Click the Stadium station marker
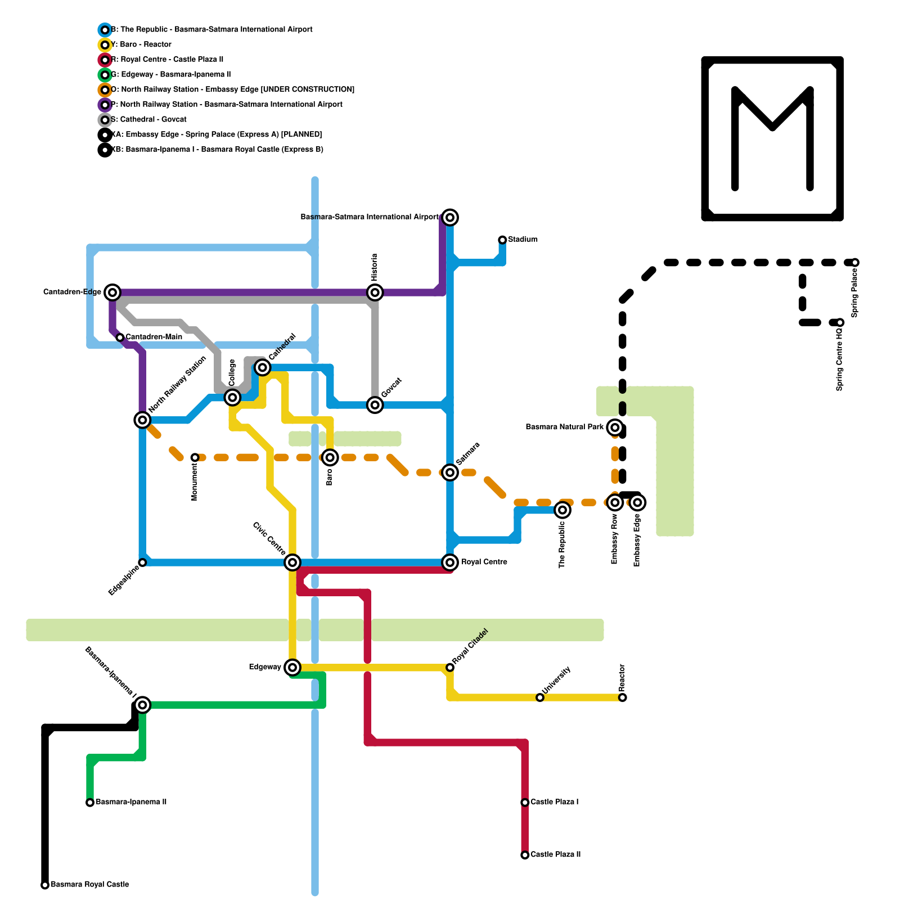[x=502, y=240]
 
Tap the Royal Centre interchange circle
[x=450, y=562]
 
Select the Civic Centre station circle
[x=292, y=562]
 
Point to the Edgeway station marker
[x=292, y=667]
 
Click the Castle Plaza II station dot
[x=525, y=855]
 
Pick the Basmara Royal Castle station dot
[x=45, y=885]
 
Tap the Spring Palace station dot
[x=855, y=263]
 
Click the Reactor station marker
[x=623, y=697]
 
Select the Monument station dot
[x=195, y=458]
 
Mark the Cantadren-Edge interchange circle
[x=112, y=292]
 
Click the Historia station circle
[x=375, y=292]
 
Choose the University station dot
[x=540, y=697]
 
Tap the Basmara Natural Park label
[x=564, y=427]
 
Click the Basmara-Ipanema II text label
[x=131, y=802]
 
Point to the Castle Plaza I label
[x=555, y=802]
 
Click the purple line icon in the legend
[x=105, y=105]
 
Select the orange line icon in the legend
[x=105, y=89]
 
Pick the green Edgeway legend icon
[x=105, y=75]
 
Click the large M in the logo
[x=772, y=138]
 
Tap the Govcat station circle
[x=375, y=405]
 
